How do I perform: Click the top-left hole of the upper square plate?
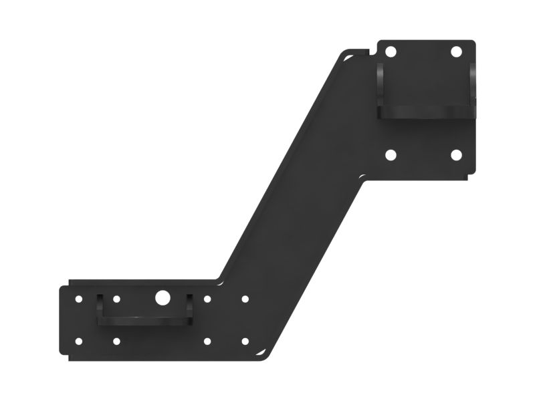[391, 51]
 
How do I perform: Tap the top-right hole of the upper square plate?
[456, 51]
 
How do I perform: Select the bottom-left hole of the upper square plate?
[391, 155]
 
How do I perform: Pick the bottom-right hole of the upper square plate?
[456, 155]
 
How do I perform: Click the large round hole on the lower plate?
[162, 299]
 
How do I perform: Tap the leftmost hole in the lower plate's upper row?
[79, 299]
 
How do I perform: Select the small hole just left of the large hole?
[116, 299]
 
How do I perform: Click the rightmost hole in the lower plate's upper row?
[245, 299]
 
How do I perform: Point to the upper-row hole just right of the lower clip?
[207, 299]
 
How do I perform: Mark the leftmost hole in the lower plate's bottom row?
[79, 342]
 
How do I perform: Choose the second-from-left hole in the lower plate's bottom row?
[116, 342]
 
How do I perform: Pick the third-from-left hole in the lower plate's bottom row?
[207, 342]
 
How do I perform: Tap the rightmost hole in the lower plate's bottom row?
[245, 342]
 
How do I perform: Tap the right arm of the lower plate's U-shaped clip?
[189, 306]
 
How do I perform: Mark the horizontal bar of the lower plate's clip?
[144, 320]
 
